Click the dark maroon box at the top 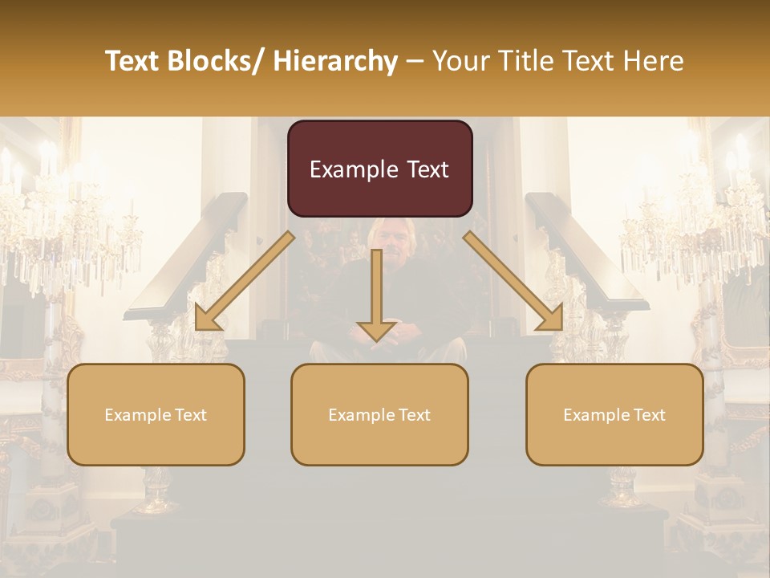coord(379,169)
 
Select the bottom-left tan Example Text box coord(156,414)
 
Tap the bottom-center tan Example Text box coord(379,414)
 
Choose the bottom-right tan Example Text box coord(614,414)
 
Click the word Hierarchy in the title coord(335,61)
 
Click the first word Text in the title coord(133,61)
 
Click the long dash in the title coord(415,62)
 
